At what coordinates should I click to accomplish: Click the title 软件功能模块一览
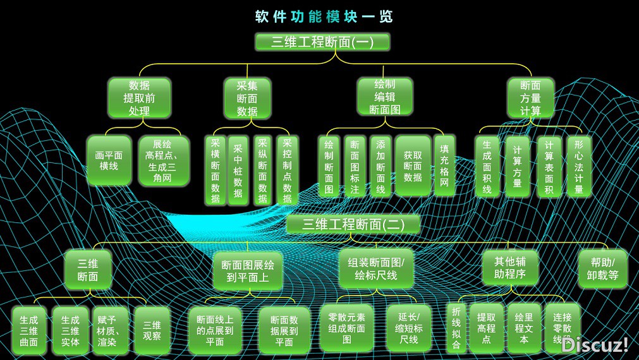coord(324,16)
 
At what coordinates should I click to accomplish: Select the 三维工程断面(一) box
coord(322,42)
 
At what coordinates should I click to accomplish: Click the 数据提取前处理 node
coord(139,99)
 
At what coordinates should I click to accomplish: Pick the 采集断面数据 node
coord(247,99)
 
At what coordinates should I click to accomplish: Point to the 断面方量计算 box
coord(530,99)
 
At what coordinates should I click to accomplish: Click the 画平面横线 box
coord(109,160)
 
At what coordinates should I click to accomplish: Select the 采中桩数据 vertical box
coord(238,169)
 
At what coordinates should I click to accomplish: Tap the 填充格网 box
coord(444,165)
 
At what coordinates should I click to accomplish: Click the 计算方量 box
coord(518,166)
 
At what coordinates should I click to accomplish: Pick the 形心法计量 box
coord(578,166)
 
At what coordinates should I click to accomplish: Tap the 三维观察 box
coord(152,328)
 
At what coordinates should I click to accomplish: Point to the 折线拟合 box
coord(456,327)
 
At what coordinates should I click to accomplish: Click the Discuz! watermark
coord(594,344)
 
